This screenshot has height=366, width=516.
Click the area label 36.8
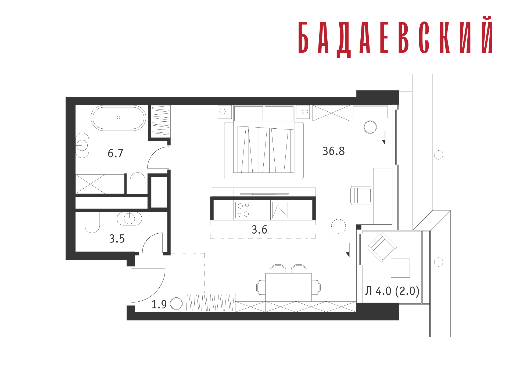[334, 151]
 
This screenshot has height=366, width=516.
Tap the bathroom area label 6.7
[115, 153]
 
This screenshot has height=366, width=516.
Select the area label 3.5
[117, 239]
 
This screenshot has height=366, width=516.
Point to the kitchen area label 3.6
[259, 230]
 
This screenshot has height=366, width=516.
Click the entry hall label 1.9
[159, 304]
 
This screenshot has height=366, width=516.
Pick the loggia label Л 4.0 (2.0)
[392, 291]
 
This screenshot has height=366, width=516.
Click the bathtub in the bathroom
[118, 118]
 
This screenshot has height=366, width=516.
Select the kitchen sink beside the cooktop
[280, 210]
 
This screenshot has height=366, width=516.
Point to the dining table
[288, 287]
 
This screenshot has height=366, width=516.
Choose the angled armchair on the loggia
[382, 247]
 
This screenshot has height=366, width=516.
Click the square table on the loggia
[400, 268]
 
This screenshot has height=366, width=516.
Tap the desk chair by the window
[361, 196]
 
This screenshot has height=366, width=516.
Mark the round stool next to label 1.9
[176, 304]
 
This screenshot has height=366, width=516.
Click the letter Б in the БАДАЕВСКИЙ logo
[303, 37]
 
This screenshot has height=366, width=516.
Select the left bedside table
[225, 112]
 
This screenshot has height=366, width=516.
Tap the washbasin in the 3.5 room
[129, 219]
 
